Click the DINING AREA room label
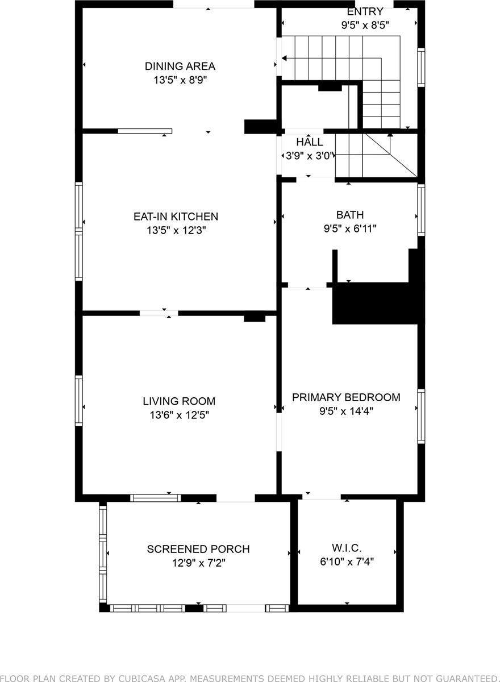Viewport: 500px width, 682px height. (x=180, y=66)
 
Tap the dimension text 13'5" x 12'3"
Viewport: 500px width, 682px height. (x=176, y=230)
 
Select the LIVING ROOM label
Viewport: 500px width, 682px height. (x=179, y=401)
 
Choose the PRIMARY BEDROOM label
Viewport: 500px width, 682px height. (x=346, y=397)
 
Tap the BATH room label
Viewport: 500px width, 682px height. (x=350, y=215)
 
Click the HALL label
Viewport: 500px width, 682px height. (x=310, y=142)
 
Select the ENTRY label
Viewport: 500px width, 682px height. (x=365, y=11)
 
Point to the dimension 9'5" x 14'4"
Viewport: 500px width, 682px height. (x=346, y=411)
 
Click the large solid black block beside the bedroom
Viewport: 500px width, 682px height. (x=376, y=303)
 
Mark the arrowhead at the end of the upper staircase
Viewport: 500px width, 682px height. (x=284, y=58)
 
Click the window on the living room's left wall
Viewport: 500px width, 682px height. (x=79, y=401)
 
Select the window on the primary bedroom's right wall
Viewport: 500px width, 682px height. (x=421, y=417)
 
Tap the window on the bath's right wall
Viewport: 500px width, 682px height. (x=421, y=210)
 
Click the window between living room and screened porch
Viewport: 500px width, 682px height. (x=156, y=498)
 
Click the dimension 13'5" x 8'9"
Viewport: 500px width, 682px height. (x=180, y=80)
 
